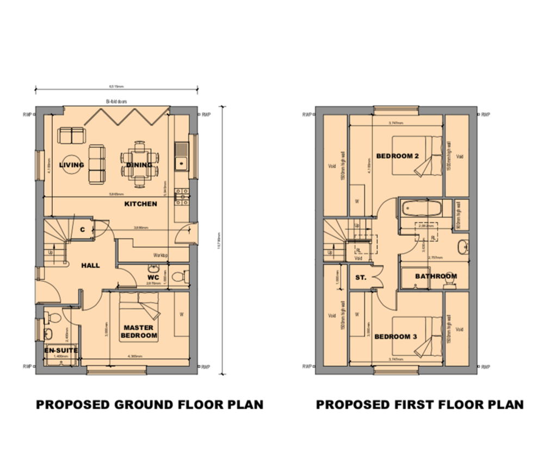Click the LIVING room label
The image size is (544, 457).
(72, 165)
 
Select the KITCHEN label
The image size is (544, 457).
(141, 204)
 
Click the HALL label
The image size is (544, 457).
(91, 265)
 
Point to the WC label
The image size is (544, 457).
(153, 277)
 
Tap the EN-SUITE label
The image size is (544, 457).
(60, 350)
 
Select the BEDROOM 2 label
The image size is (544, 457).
(397, 156)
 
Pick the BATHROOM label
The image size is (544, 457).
(436, 276)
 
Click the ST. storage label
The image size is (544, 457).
(360, 277)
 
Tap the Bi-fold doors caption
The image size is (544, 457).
(116, 101)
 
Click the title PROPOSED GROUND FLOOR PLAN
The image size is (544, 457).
(150, 405)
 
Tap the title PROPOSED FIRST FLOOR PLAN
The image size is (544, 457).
(420, 405)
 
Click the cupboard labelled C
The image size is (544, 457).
(83, 230)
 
